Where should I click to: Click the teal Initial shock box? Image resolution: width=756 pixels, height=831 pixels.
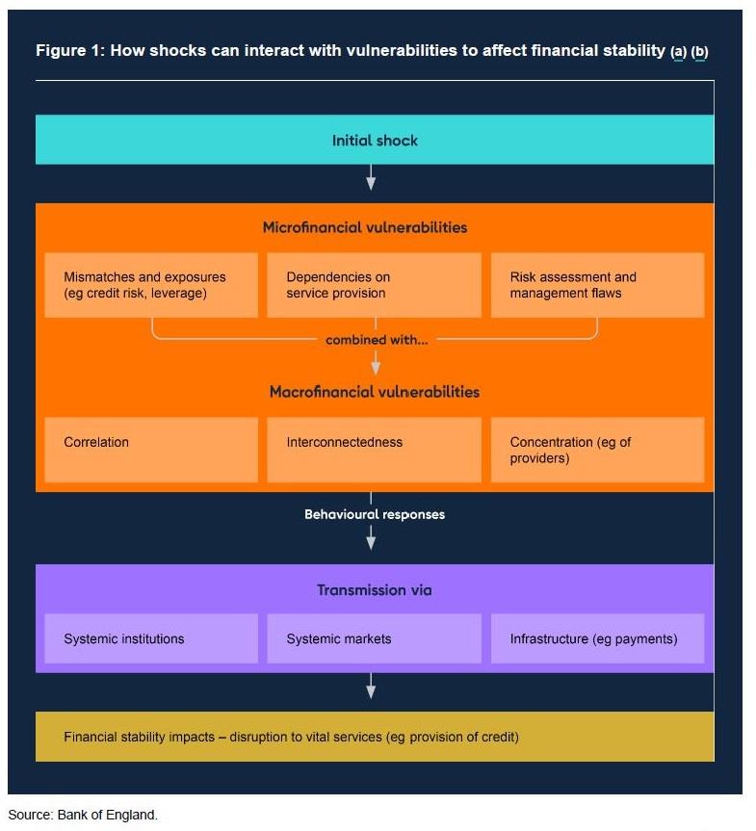click(375, 141)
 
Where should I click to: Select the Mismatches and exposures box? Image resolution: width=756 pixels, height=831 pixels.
click(151, 285)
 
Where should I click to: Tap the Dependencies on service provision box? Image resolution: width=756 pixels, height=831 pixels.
click(374, 285)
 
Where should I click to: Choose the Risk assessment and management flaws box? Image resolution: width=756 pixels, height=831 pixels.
click(597, 285)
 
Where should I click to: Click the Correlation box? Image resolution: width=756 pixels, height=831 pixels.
click(151, 450)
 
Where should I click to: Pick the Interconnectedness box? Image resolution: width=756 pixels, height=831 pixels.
click(374, 450)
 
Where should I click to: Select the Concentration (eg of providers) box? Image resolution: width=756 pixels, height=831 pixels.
click(597, 450)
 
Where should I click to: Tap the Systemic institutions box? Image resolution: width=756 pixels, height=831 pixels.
click(151, 638)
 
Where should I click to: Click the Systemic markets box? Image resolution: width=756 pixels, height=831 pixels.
click(374, 638)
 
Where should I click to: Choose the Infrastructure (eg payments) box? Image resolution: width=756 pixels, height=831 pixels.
click(597, 638)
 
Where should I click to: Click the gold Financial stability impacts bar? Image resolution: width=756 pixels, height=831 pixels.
click(375, 738)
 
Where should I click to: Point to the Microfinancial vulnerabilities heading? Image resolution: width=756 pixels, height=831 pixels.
click(365, 228)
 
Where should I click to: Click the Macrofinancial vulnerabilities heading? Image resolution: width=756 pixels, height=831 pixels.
click(375, 392)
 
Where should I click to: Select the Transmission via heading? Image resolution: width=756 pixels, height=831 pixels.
click(375, 590)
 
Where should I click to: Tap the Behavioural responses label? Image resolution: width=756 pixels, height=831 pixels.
click(375, 514)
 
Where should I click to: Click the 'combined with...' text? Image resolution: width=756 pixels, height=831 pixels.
click(377, 340)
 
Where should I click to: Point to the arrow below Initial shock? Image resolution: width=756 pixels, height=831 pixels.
click(371, 179)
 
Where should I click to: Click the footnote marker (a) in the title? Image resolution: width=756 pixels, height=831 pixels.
click(678, 51)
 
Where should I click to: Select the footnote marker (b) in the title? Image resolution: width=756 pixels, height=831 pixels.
click(699, 51)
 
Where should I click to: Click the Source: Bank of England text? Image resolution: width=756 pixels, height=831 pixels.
click(83, 815)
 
